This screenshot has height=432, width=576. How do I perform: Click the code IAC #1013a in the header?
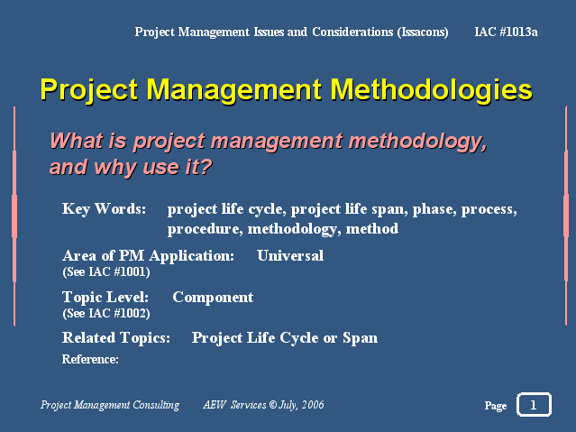coord(506,32)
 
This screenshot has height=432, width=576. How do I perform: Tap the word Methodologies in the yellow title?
coord(431,90)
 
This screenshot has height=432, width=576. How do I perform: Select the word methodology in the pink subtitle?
coord(418,142)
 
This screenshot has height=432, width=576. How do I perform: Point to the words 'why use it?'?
coord(153,167)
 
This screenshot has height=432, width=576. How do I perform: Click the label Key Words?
coord(104,209)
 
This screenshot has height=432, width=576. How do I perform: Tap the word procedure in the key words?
coord(205,229)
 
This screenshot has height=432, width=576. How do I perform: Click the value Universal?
coord(290,255)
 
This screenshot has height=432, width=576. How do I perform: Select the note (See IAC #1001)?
coord(106,272)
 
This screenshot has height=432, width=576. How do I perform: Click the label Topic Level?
coord(105,297)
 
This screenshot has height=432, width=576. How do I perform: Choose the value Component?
coord(213,298)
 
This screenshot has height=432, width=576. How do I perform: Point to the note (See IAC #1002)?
coord(106,314)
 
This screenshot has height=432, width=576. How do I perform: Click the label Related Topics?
coord(116,338)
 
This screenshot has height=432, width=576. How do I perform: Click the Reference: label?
coord(90,359)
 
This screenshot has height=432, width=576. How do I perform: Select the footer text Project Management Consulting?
coord(110,405)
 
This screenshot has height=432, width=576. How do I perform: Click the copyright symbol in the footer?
coord(273,405)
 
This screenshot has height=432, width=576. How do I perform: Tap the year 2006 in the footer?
coord(313,405)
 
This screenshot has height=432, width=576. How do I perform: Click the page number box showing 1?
coord(534,404)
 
